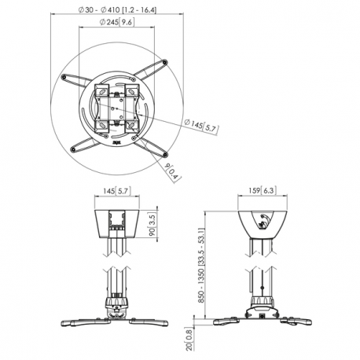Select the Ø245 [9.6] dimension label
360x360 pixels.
pyautogui.click(x=116, y=22)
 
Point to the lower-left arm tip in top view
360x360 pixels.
pyautogui.click(x=75, y=147)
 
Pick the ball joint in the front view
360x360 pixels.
pyautogui.click(x=118, y=302)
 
